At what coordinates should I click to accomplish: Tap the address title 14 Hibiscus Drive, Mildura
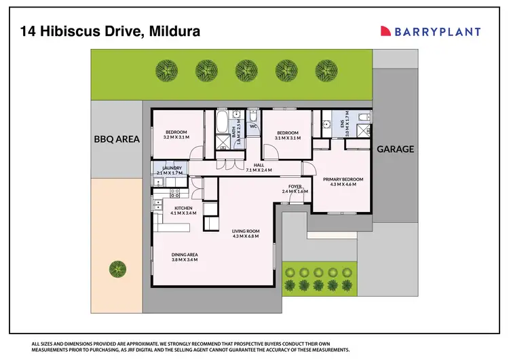[x=106, y=31]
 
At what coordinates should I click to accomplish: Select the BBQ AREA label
[x=116, y=139]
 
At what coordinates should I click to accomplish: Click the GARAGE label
[x=394, y=149]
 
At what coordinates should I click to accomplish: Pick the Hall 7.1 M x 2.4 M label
[x=258, y=167]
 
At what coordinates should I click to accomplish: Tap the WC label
[x=252, y=126]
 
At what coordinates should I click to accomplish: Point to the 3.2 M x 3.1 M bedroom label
[x=176, y=134]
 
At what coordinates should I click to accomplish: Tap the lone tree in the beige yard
[x=117, y=269]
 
